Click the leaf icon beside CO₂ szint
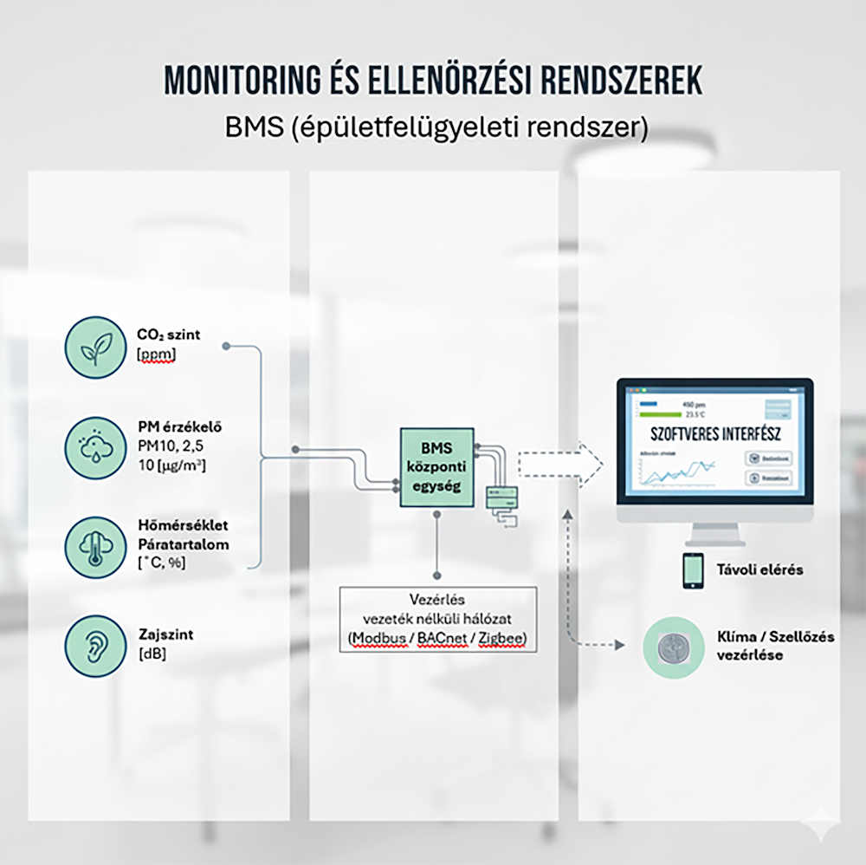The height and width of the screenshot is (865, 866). point(94,348)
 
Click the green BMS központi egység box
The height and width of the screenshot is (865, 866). point(436,467)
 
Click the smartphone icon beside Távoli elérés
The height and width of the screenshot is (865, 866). point(693,570)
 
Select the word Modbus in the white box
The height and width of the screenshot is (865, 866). point(377,639)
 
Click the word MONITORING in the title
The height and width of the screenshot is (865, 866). point(237,80)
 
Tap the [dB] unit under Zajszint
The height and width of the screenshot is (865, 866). point(152,654)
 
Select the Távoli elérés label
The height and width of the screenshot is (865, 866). point(759,569)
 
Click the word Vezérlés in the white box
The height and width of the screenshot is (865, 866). point(437,600)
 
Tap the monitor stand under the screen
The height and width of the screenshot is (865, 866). point(715,534)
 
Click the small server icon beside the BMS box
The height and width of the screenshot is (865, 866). point(503,498)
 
